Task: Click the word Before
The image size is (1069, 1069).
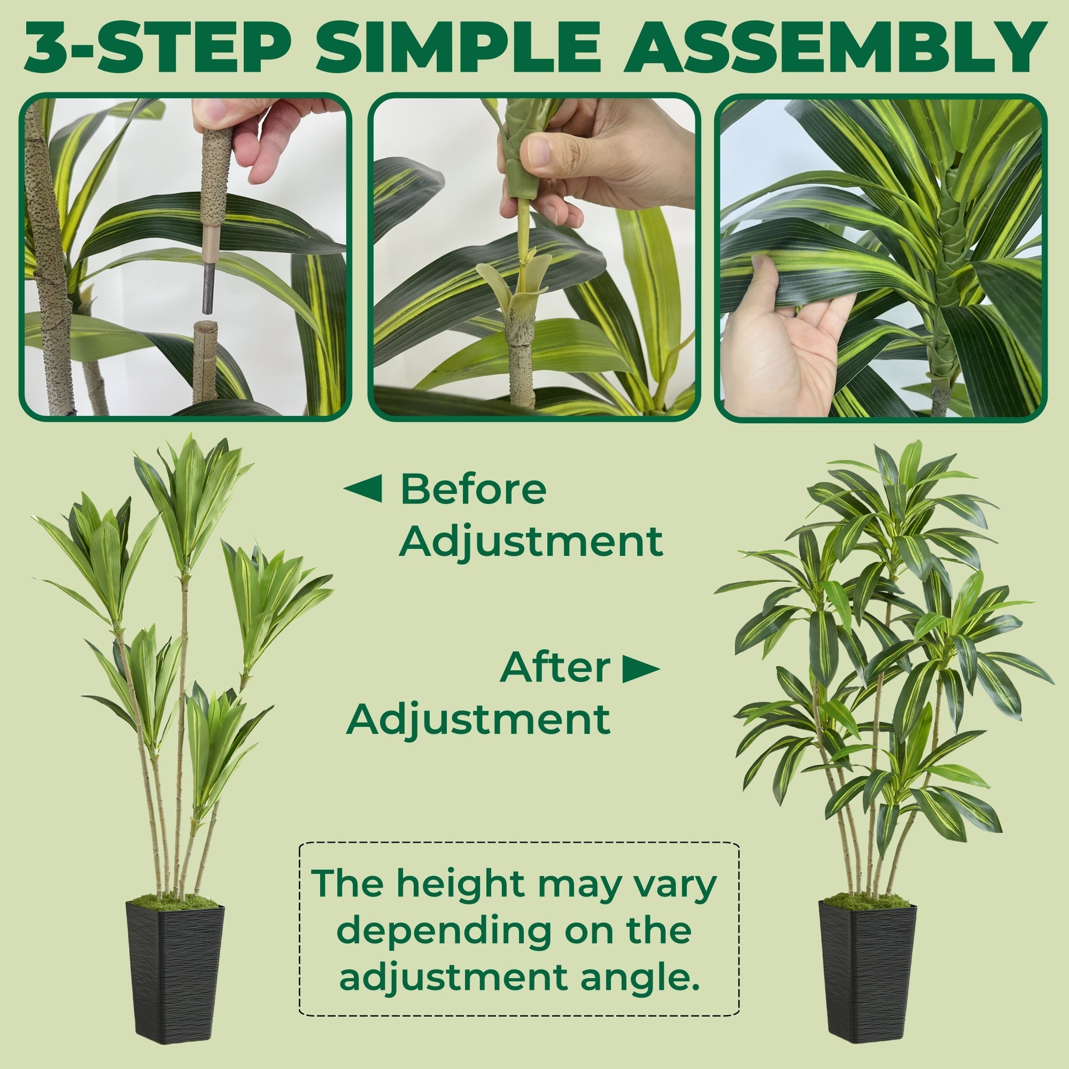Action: (x=473, y=489)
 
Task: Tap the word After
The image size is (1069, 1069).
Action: (x=555, y=667)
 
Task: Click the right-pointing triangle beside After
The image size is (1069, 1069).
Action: (x=641, y=669)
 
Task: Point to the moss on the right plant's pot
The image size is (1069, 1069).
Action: (x=866, y=901)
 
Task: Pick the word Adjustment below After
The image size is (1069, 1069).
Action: (x=478, y=719)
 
